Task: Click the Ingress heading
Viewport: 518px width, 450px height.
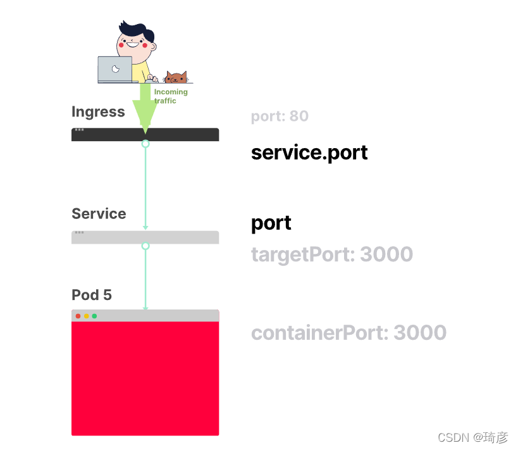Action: pos(98,112)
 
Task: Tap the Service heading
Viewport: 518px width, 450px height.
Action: pos(99,214)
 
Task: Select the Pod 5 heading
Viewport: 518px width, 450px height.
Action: pos(92,295)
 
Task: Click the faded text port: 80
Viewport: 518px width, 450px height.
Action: pos(280,116)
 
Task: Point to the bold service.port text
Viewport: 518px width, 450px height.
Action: pos(309,153)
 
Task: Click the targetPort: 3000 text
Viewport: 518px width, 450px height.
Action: pos(332,254)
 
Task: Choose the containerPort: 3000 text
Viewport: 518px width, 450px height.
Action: pos(348,333)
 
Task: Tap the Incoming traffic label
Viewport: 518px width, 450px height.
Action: pos(171,96)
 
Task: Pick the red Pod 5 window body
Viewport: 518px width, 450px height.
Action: pos(145,378)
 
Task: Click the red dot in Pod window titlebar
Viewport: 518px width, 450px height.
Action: pos(78,316)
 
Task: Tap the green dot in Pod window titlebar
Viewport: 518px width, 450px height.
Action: pos(94,316)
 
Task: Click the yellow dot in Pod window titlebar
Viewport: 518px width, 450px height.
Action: pos(86,316)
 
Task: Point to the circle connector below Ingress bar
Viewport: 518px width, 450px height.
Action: pos(145,144)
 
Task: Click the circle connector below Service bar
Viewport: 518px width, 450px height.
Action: pos(145,246)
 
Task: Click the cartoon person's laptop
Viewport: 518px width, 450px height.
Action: pos(115,70)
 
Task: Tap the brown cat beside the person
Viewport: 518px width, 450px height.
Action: pos(176,78)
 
